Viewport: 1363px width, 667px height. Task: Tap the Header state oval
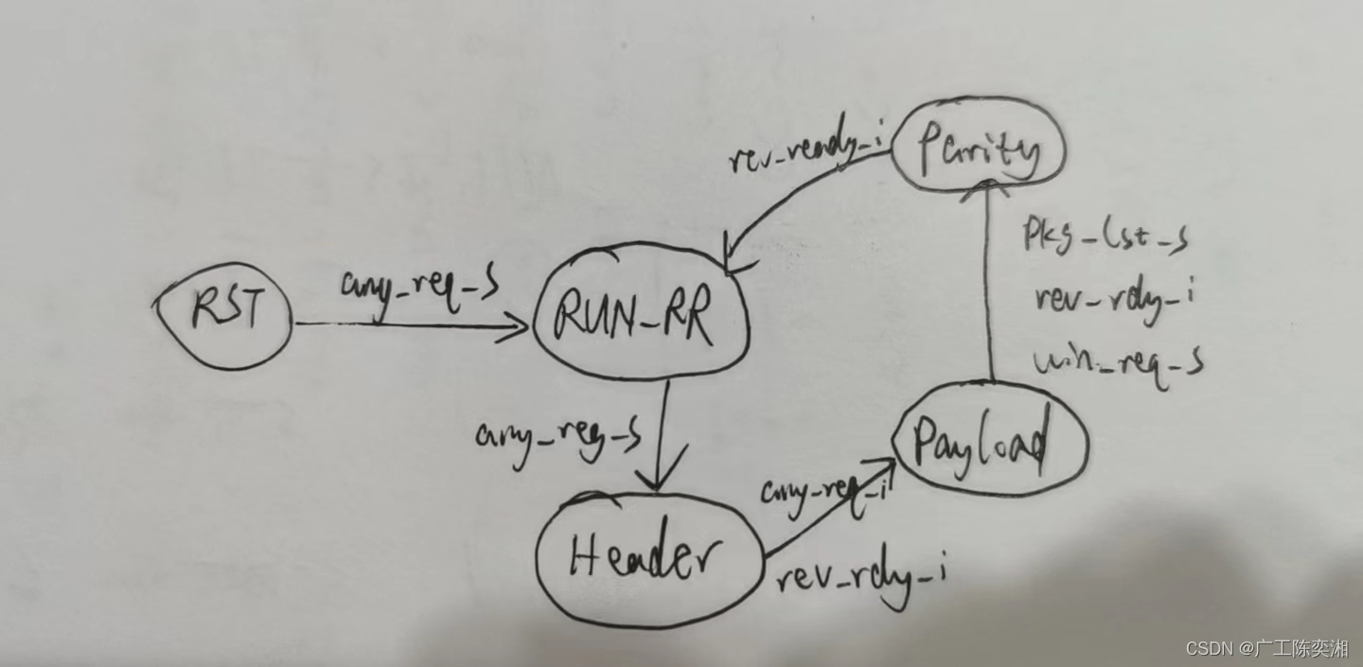click(x=648, y=559)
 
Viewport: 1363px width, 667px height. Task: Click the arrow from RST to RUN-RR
click(x=407, y=325)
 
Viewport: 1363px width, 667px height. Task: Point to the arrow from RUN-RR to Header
click(x=659, y=435)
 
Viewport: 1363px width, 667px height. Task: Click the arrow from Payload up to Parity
click(x=989, y=284)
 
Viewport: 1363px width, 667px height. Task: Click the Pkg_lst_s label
click(x=1105, y=236)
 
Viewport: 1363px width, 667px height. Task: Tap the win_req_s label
click(x=1118, y=360)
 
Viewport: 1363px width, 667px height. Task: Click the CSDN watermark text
click(x=1266, y=648)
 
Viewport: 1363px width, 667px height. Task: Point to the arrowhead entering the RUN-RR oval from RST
click(x=517, y=327)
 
